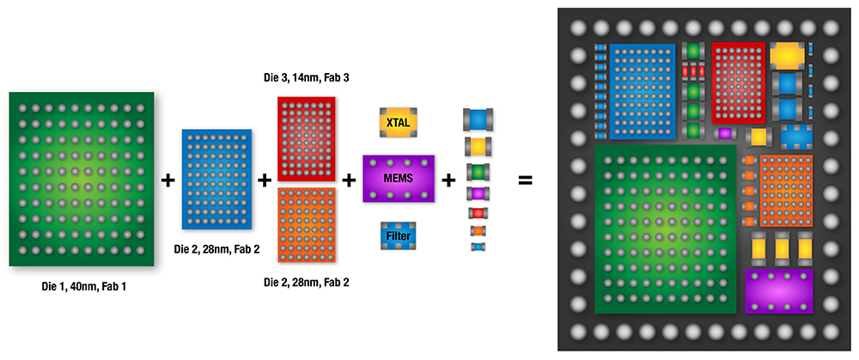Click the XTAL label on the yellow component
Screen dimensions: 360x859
pos(398,123)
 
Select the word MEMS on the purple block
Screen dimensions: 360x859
pos(399,177)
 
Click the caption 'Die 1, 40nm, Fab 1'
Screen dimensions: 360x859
pos(76,285)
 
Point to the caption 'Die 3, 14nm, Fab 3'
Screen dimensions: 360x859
pos(306,78)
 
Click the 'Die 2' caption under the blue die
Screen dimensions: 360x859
pos(216,249)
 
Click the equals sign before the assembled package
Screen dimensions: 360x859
pos(524,180)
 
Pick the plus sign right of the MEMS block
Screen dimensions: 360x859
pos(449,180)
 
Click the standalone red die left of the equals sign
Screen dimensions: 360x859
pos(306,138)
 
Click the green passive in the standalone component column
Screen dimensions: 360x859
pos(478,172)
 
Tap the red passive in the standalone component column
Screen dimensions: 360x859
pos(478,212)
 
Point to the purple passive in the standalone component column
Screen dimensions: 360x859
pos(478,193)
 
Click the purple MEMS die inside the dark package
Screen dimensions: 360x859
pos(779,290)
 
